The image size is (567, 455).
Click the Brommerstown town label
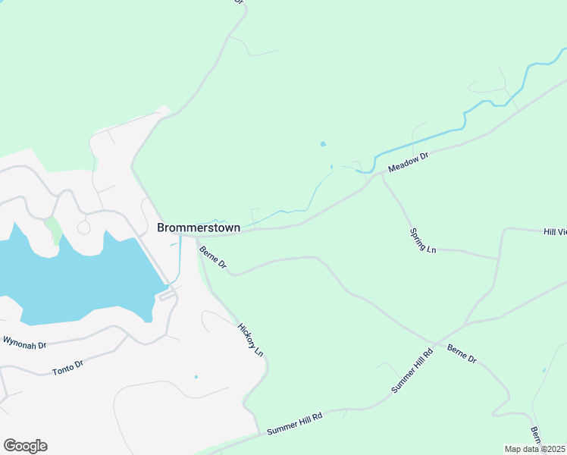click(x=199, y=227)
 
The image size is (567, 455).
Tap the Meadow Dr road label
click(x=409, y=161)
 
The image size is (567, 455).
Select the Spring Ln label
click(x=424, y=240)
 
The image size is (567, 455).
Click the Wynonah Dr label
click(x=24, y=342)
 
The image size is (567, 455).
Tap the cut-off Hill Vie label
click(x=555, y=231)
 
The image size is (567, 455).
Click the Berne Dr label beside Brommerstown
click(x=213, y=256)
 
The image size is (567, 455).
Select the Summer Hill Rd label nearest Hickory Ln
click(x=295, y=424)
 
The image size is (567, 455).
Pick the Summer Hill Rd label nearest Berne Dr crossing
click(x=412, y=370)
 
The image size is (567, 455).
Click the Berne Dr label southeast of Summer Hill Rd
click(x=462, y=353)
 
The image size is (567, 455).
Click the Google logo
click(x=25, y=446)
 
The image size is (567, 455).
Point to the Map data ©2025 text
click(x=534, y=449)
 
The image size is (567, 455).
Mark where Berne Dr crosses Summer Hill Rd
click(x=436, y=344)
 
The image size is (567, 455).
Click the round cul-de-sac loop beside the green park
click(x=83, y=227)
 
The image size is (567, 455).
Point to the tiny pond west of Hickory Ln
click(x=196, y=377)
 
